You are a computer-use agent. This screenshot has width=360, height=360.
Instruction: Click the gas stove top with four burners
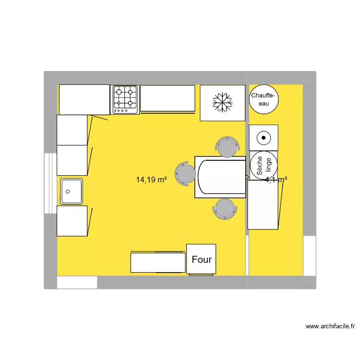[126, 99]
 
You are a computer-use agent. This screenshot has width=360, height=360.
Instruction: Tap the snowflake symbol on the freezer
[223, 102]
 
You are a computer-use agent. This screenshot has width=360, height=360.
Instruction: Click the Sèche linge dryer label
[264, 165]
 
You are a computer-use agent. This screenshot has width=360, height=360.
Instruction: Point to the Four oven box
[201, 259]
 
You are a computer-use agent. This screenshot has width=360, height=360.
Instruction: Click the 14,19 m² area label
[151, 180]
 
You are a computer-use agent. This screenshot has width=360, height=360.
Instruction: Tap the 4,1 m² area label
[276, 180]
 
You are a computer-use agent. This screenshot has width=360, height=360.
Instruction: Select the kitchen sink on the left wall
[72, 192]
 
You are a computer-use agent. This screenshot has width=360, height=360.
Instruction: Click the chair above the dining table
[227, 147]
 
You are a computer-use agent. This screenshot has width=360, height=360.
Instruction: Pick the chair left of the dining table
[185, 173]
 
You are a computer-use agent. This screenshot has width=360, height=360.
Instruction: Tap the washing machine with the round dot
[264, 137]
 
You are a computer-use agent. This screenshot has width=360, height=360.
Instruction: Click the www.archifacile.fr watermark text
[330, 326]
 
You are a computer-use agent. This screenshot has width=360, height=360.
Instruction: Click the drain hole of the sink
[68, 192]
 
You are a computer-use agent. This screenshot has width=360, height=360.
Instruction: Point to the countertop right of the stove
[168, 98]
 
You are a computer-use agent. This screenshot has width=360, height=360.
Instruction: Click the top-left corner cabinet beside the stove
[84, 99]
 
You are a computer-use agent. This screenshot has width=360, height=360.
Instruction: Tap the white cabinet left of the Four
[158, 263]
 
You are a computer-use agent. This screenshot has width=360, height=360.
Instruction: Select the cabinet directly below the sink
[72, 221]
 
